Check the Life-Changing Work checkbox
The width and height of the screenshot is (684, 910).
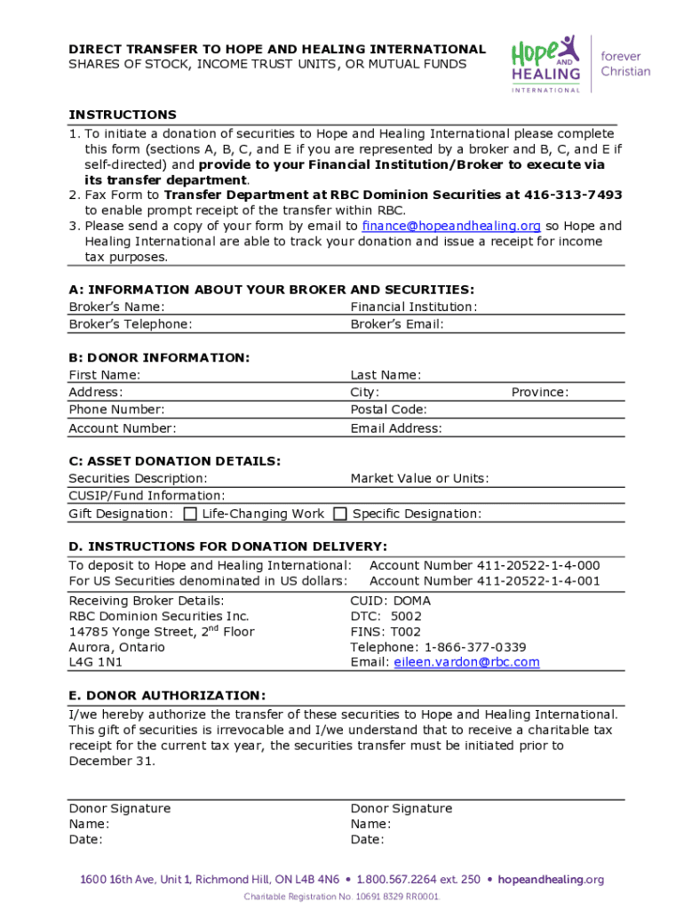click(x=190, y=514)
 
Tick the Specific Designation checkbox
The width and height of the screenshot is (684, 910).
click(x=340, y=514)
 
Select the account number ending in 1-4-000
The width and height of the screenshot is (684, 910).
click(x=484, y=565)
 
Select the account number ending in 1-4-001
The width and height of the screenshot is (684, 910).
click(x=484, y=581)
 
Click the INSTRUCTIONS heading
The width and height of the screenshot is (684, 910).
click(x=123, y=115)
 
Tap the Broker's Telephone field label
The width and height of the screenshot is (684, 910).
click(x=130, y=324)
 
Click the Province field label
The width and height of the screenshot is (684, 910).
click(x=539, y=392)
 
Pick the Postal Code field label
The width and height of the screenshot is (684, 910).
click(x=388, y=410)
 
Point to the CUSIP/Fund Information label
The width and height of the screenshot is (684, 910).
click(x=147, y=496)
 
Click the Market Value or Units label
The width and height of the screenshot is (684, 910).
click(x=419, y=478)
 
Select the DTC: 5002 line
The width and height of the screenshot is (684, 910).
click(x=386, y=616)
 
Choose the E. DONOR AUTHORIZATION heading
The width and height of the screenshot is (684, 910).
click(x=167, y=695)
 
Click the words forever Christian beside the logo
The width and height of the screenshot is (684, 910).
click(x=625, y=63)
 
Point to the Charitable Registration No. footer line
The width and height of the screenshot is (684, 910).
click(x=342, y=897)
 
